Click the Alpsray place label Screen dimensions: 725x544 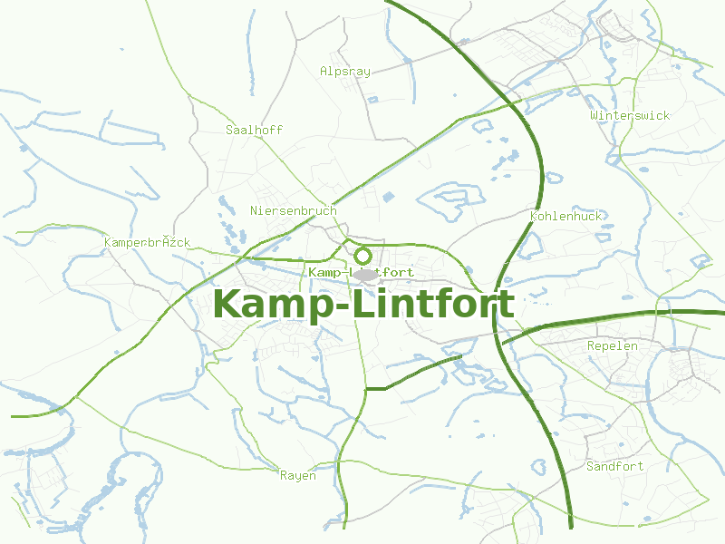pos(345,71)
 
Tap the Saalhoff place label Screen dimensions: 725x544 pos(254,130)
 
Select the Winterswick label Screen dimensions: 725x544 pos(630,115)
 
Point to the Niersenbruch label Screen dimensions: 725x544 pos(293,210)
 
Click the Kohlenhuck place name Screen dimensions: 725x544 pos(565,216)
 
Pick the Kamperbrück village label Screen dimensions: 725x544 pos(147,242)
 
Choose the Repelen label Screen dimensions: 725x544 pos(613,345)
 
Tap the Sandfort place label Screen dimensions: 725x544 pos(614,466)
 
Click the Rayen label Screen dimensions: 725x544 pos(297,475)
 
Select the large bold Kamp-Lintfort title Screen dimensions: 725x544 pos(363,304)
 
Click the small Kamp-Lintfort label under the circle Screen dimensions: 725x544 pos(361,272)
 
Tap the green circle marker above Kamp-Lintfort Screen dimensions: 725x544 pos(363,256)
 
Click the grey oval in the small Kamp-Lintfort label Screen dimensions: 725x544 pos(364,274)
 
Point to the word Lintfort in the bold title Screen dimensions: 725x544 pos(433,304)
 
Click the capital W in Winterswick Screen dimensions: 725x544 pos(594,115)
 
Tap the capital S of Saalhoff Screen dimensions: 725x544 pos(229,130)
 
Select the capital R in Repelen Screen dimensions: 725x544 pos(591,345)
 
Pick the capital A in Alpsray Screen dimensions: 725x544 pos(324,71)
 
